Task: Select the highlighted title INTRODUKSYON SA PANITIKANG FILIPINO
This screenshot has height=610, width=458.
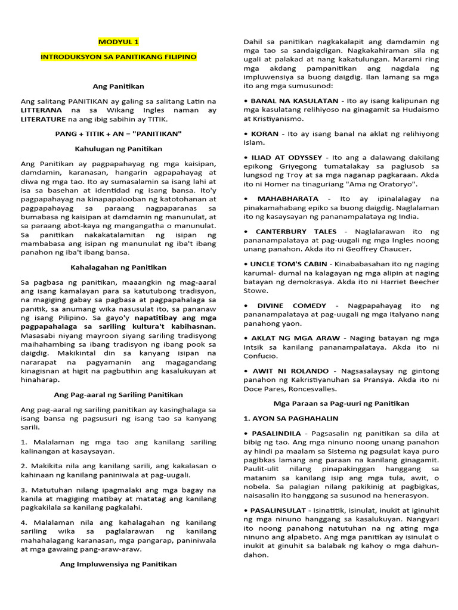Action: [118, 57]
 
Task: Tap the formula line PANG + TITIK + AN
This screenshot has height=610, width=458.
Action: [118, 134]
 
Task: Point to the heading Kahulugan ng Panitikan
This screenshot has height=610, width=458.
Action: [118, 148]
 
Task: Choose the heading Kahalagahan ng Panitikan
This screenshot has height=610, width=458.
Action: [118, 267]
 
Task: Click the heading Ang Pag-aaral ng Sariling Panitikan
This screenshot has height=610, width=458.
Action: [118, 395]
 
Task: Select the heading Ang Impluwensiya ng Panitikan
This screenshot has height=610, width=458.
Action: [118, 564]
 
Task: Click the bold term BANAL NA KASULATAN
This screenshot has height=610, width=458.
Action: [287, 101]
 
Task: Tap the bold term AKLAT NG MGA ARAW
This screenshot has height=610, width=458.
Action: [287, 338]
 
